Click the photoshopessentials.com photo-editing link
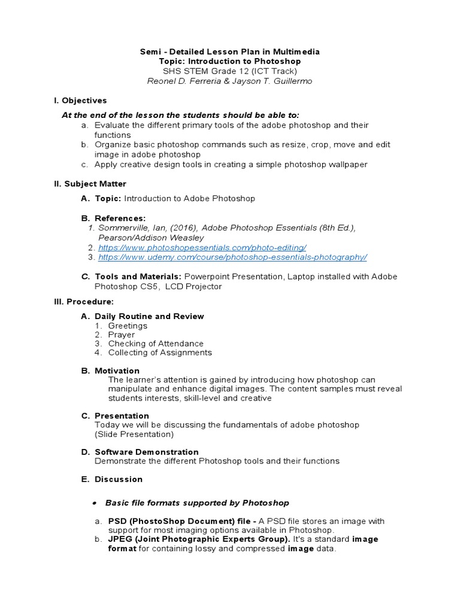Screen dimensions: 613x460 click(x=202, y=247)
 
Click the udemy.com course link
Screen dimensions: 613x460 click(x=232, y=257)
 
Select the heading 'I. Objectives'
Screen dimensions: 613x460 click(x=80, y=101)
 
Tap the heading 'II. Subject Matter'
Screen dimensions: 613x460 click(x=90, y=184)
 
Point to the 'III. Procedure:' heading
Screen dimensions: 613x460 click(x=84, y=301)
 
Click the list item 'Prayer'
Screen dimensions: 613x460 click(x=121, y=335)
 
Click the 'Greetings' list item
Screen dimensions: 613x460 click(x=128, y=326)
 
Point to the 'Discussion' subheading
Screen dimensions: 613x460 click(x=119, y=479)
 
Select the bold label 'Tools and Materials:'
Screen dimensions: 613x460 click(x=138, y=277)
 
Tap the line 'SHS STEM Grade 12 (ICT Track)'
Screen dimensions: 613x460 click(x=229, y=71)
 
